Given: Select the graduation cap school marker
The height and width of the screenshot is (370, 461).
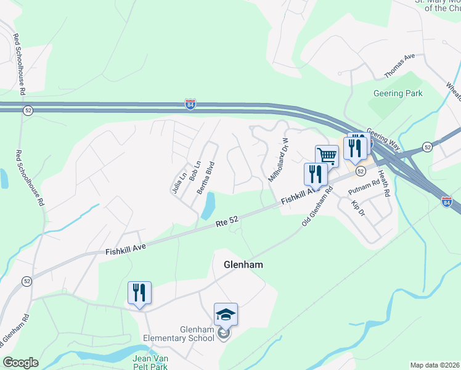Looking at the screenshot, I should click(226, 315).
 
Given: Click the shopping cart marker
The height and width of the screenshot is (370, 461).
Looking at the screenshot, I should click(327, 156).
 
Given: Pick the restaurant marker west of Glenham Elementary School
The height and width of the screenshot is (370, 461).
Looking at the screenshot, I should click(139, 293).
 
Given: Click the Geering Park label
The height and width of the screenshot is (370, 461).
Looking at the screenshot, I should click(398, 93).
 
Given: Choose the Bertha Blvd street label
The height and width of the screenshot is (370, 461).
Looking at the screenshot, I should click(206, 178).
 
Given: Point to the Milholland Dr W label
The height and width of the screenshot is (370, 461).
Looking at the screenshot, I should click(279, 160).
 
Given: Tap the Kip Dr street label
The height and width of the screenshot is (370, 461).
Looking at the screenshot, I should click(358, 207).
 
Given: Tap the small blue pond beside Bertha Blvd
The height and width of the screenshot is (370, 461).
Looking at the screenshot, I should click(208, 205).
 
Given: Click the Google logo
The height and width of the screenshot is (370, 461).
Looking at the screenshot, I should click(20, 363).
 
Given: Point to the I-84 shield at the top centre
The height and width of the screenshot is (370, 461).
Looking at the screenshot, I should click(191, 105).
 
